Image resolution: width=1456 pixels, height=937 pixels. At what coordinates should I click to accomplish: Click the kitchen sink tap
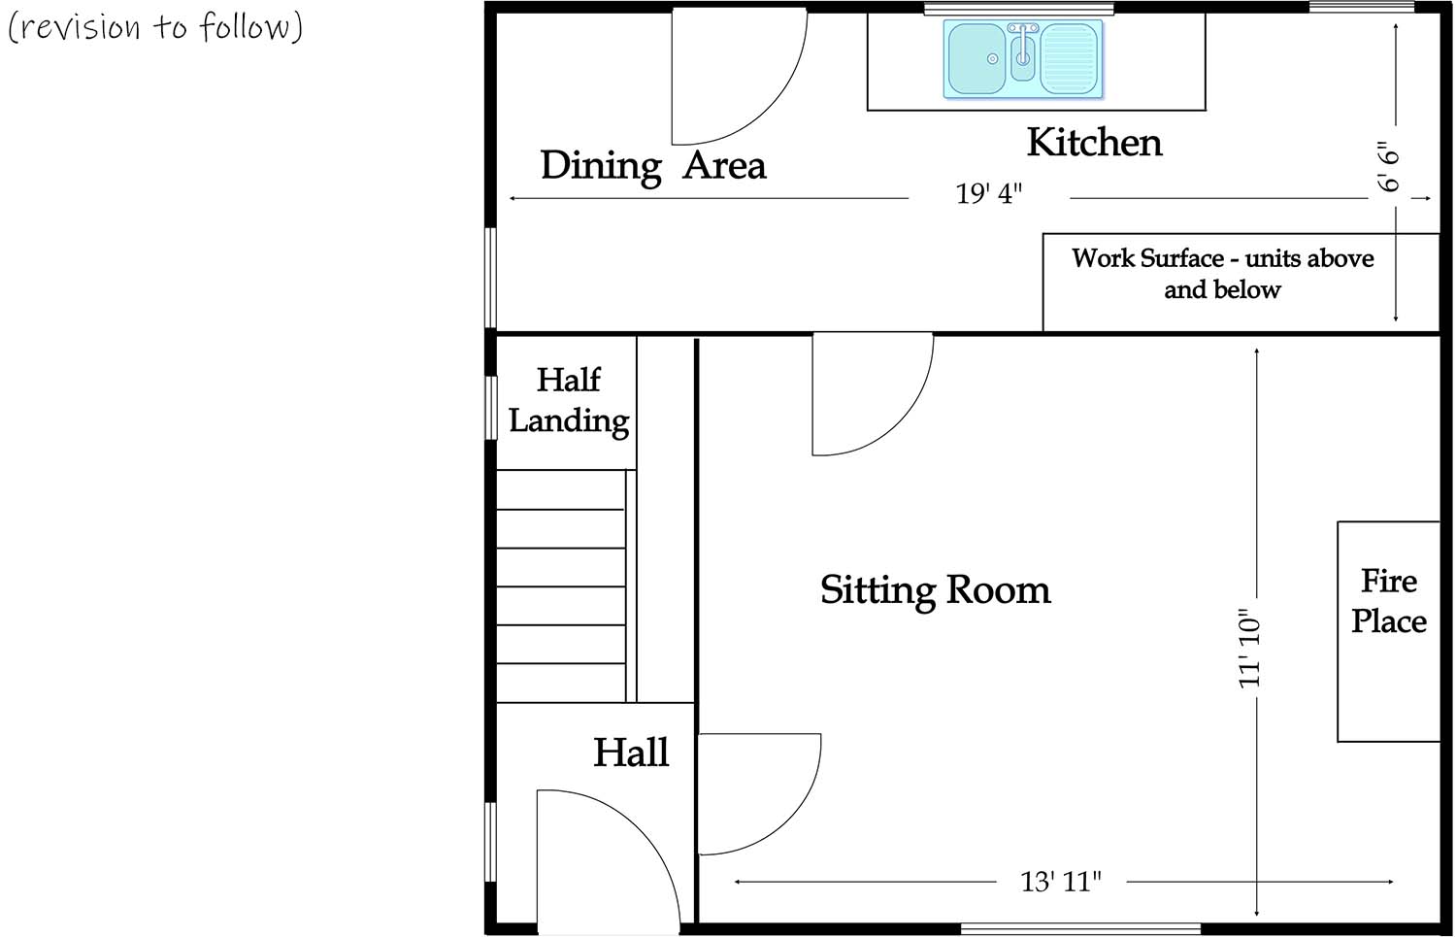[1023, 49]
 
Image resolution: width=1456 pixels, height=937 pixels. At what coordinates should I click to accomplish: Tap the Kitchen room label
[1094, 143]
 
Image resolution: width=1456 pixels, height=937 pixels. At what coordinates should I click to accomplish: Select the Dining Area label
[652, 166]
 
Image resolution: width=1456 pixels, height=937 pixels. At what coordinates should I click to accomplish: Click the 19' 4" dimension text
[988, 194]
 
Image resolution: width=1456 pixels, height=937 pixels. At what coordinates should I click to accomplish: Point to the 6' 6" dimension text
[1390, 167]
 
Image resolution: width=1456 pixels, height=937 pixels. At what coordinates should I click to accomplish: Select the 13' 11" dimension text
[1060, 882]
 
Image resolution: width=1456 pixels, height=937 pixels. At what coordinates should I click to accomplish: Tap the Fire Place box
[1388, 631]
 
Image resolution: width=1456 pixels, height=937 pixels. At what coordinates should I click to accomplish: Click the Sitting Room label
[935, 590]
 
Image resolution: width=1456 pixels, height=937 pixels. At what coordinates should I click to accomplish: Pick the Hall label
[631, 753]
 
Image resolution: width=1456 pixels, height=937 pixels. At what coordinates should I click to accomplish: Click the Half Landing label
[569, 400]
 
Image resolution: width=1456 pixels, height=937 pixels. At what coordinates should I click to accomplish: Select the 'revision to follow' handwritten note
[155, 27]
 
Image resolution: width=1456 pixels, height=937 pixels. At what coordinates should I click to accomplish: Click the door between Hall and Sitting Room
[752, 791]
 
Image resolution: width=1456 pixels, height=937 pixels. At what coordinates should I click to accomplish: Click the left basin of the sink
[976, 58]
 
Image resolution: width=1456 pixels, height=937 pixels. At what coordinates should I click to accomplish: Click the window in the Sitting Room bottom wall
[1079, 929]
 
